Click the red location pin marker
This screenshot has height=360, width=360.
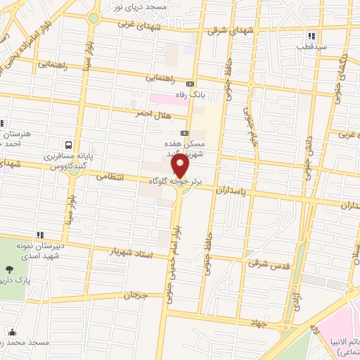(x=181, y=167)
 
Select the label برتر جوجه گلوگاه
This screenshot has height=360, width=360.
(x=175, y=181)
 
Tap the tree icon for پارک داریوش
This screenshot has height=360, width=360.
(x=10, y=268)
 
